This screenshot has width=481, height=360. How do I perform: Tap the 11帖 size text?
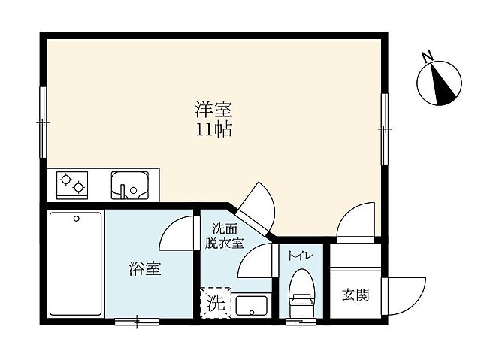click(213, 129)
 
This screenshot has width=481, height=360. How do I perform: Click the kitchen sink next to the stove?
click(129, 184)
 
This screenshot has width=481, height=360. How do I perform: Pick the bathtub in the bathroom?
click(75, 265)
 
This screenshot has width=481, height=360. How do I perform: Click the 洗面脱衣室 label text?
click(226, 235)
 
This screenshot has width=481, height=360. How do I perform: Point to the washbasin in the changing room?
click(250, 306)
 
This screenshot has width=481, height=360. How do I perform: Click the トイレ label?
click(301, 256)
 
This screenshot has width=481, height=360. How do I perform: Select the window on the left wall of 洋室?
click(44, 121)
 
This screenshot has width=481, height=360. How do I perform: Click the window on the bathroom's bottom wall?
click(137, 322)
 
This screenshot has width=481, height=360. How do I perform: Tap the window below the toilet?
click(301, 322)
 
